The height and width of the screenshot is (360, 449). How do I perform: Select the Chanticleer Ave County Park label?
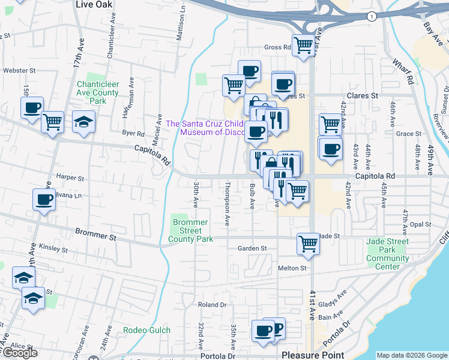[x=97, y=93]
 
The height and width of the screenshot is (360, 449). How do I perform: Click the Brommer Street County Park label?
[x=191, y=230]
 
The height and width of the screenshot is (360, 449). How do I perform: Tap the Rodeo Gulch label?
[x=147, y=330]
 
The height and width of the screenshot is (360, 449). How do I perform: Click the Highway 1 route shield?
[x=373, y=16]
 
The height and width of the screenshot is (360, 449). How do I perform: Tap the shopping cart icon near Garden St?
[x=308, y=244]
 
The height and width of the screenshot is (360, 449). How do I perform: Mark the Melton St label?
[x=292, y=268]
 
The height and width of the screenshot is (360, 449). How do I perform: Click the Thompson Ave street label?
[x=227, y=203]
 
